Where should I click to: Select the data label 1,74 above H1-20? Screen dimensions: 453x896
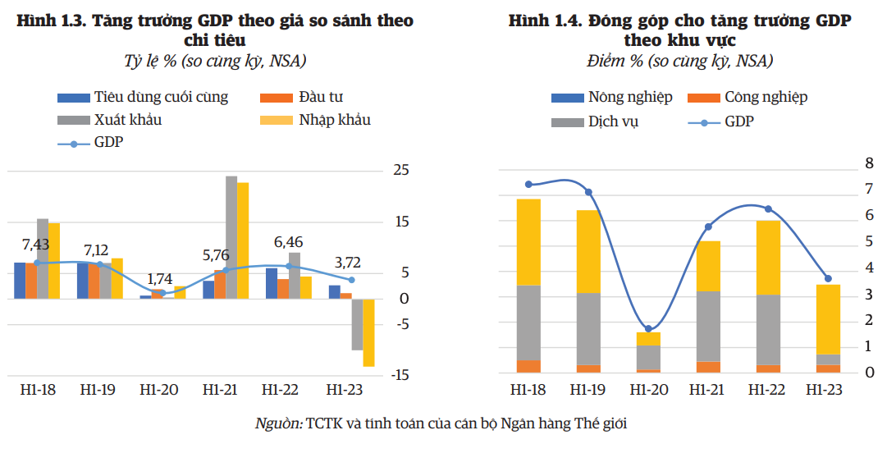coord(159,278)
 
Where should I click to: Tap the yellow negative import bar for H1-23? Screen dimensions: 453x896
coord(368,332)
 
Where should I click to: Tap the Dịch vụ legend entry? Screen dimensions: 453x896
coord(613,121)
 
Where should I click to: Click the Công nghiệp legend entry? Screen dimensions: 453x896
coord(766,97)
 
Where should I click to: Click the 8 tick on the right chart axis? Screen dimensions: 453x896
coord(867,163)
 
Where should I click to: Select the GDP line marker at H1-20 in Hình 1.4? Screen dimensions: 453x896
coord(648,328)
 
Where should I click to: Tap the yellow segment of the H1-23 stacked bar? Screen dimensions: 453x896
coord(828,319)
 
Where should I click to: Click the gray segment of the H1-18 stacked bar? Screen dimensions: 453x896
coord(528,323)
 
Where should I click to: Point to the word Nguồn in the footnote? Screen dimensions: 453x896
coord(278,423)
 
